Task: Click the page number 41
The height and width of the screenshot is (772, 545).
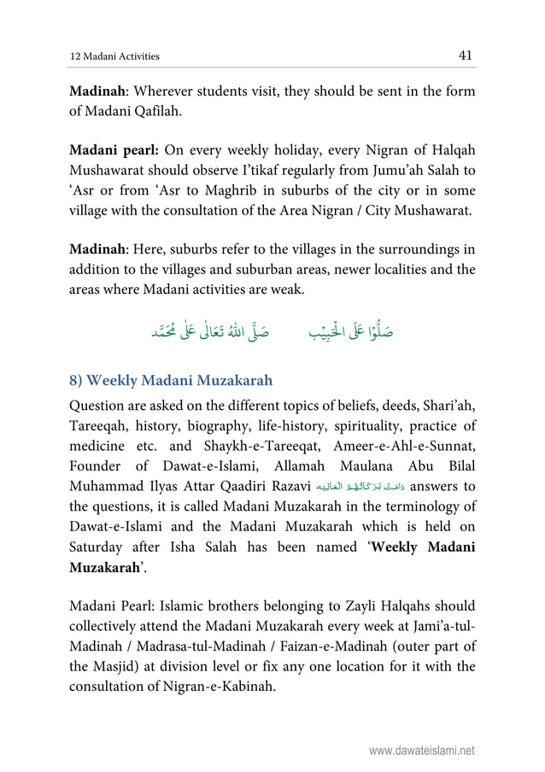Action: point(466,56)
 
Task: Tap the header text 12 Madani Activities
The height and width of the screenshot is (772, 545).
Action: point(114,57)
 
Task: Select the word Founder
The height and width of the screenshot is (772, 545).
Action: point(98,465)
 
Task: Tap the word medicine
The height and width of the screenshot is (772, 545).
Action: point(98,443)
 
